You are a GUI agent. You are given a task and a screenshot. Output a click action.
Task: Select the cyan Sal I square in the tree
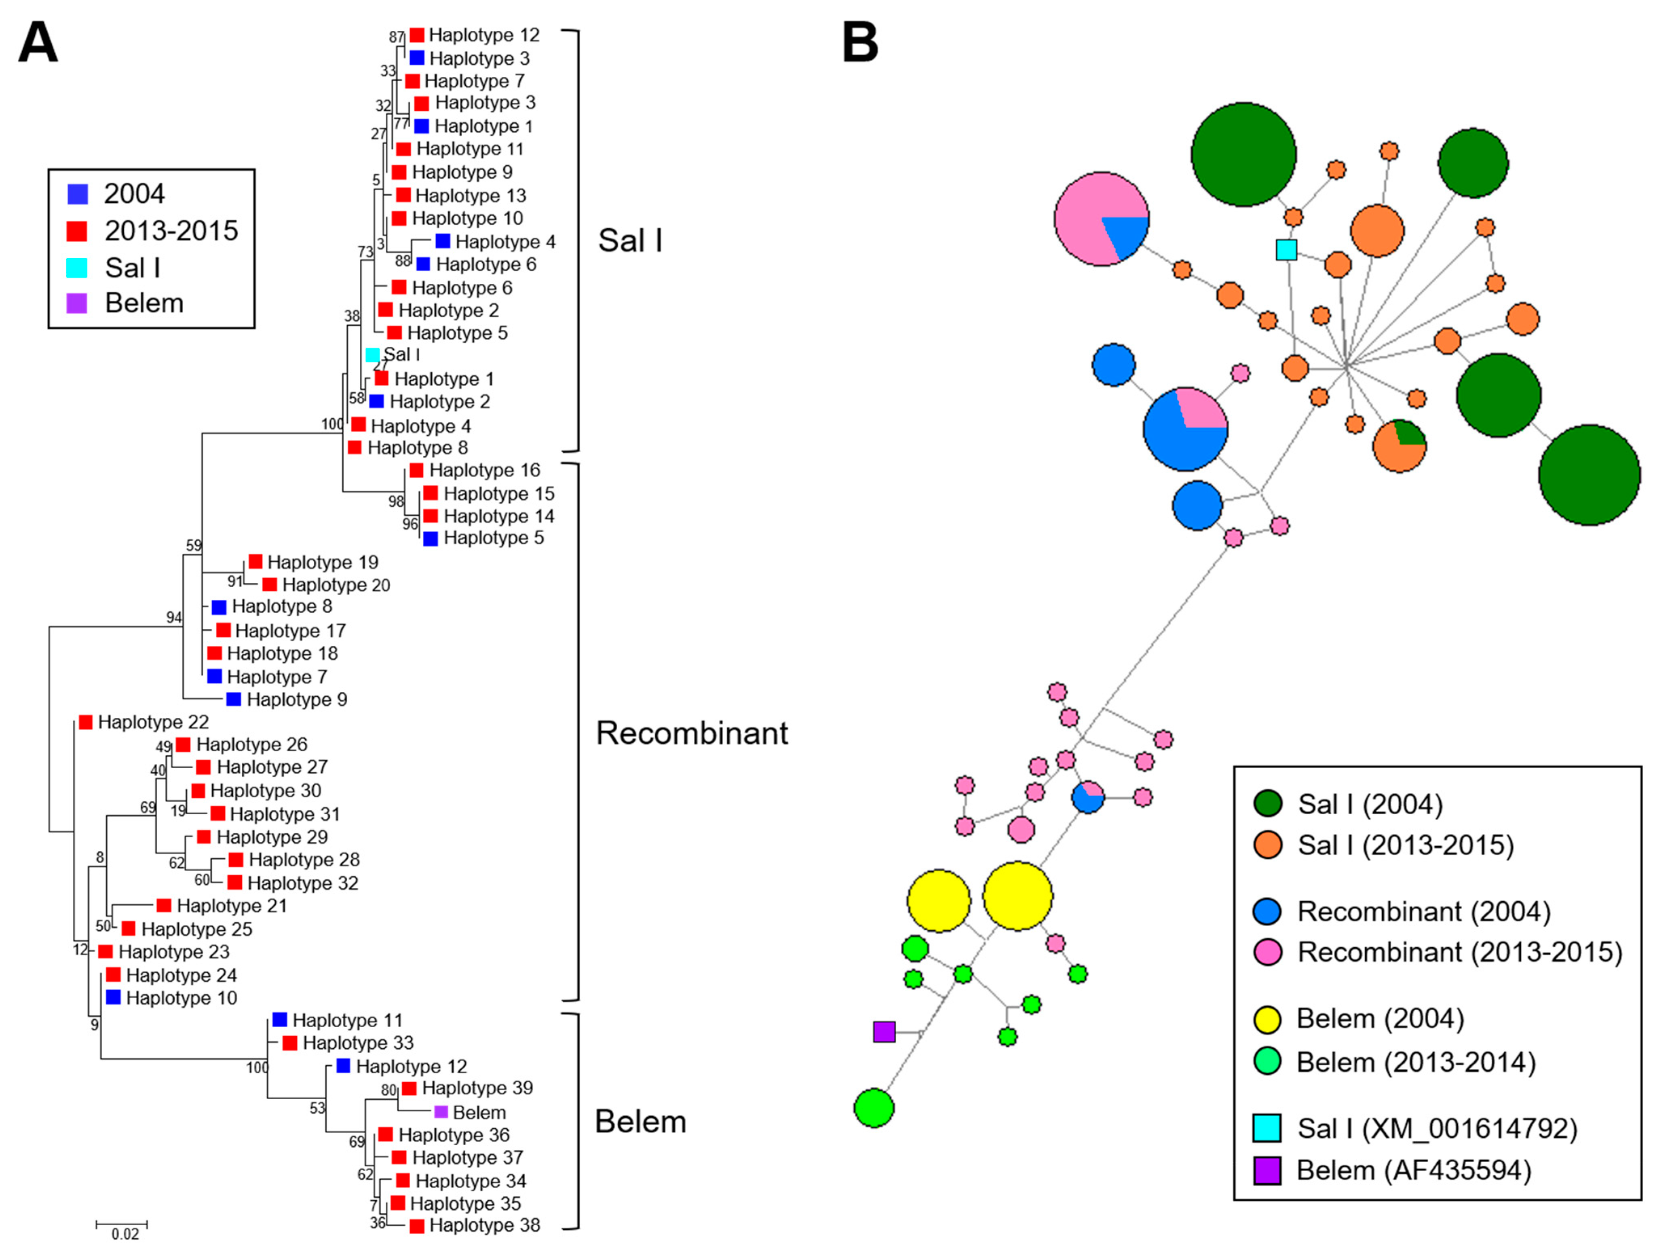pos(372,355)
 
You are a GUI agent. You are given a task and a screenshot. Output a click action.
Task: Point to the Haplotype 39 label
pos(477,1088)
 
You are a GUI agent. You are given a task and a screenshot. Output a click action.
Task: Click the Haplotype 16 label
pos(484,470)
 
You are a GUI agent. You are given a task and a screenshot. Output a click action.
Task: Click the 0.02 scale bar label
pos(125,1234)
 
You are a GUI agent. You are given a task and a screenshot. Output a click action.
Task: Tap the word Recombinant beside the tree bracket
pos(691,733)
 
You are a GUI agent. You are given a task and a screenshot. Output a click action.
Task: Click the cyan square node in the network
pos(1286,249)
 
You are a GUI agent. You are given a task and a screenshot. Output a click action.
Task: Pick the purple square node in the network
pos(884,1032)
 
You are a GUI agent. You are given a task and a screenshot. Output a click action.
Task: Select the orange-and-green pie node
pos(1400,446)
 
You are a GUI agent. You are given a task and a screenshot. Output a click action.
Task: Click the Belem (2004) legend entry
pos(1379,1019)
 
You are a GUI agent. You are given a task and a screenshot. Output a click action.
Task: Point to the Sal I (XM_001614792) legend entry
pos(1436,1129)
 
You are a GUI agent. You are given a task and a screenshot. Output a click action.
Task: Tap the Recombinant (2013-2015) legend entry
pos(1459,952)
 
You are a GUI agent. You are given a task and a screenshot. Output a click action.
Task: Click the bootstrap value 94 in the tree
pos(173,618)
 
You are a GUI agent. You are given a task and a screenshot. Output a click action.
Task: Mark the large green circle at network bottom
pos(874,1108)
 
